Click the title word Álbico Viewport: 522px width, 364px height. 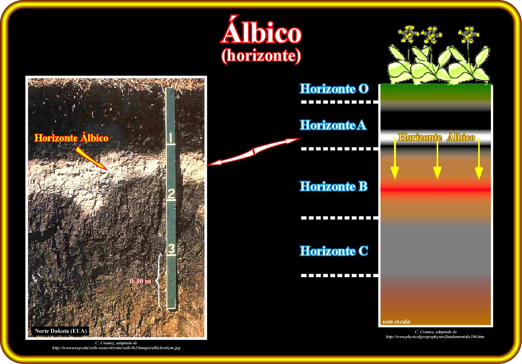tap(261, 30)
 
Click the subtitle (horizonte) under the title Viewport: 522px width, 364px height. tap(261, 56)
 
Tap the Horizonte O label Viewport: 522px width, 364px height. tap(334, 89)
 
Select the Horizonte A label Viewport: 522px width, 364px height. tap(333, 125)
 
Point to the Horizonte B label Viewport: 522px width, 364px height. tap(334, 186)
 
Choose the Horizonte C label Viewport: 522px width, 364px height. tap(334, 251)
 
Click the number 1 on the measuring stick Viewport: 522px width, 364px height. tap(171, 138)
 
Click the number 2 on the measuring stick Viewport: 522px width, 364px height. tap(171, 194)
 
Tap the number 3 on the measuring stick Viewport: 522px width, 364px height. tap(172, 249)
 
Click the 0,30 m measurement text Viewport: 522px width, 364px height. tap(140, 281)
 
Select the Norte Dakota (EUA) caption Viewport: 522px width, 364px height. tap(60, 331)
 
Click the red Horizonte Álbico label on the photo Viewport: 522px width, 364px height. tap(71, 138)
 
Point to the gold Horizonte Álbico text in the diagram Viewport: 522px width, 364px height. tap(436, 137)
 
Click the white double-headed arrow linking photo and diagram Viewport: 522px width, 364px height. tap(254, 151)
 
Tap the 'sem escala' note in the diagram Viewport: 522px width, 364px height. tap(396, 322)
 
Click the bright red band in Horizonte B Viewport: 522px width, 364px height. tap(436, 190)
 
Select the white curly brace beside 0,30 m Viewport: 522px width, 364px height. tap(159, 282)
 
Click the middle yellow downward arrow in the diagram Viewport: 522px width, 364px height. tap(437, 158)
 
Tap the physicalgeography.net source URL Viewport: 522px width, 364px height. tap(435, 337)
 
